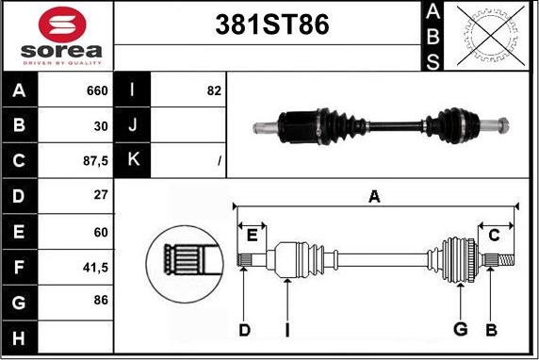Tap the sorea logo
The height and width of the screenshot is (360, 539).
pos(57,37)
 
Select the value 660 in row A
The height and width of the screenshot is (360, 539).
pos(96,91)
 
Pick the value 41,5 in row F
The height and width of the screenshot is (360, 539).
pos(95,268)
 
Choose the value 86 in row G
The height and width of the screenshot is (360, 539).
pos(99,301)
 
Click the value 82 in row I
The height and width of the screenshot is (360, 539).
pos(212,91)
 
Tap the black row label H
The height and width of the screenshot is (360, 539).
pos(19,336)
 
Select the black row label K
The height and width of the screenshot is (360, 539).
pos(132,159)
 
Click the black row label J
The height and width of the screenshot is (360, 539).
pos(132,125)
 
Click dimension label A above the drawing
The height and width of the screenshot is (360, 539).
pos(374,196)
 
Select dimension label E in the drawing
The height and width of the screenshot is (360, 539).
pos(252,235)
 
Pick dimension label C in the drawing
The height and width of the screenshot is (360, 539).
pos(494,235)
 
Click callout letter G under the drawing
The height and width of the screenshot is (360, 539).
pos(460,329)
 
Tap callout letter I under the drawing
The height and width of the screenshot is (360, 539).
pos(286,329)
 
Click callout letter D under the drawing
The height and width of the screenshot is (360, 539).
pos(244,329)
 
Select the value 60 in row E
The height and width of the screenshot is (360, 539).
pos(99,232)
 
